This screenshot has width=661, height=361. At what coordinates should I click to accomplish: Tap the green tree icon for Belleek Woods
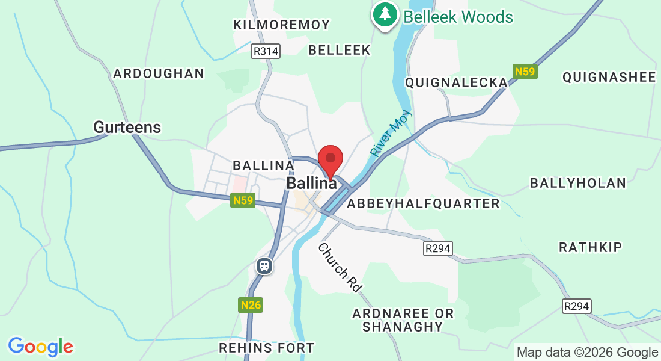tap(385, 14)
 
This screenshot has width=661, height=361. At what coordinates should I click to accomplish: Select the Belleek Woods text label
tap(458, 16)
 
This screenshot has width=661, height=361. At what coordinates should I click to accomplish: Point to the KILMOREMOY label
tap(282, 25)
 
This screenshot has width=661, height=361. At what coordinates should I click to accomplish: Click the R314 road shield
tap(266, 51)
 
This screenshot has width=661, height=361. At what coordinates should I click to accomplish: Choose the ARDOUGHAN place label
tap(159, 73)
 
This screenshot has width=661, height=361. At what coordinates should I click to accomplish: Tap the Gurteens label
tap(127, 127)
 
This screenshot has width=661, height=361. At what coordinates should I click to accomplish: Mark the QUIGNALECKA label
tap(456, 82)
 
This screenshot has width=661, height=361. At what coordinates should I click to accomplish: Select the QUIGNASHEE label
tap(609, 77)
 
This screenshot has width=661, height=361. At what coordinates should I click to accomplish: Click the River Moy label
tap(391, 133)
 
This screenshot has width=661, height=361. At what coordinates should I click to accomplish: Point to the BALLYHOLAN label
tap(578, 183)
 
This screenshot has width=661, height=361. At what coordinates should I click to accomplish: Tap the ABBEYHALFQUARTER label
tap(424, 203)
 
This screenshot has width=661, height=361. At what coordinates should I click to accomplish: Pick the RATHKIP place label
tap(591, 247)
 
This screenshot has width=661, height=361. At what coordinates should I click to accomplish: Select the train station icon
tap(264, 265)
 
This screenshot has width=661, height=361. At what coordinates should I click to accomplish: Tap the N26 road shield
tap(251, 305)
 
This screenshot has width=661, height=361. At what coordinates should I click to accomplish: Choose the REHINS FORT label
tap(266, 348)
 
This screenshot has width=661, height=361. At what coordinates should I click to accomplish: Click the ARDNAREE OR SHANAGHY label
tap(403, 320)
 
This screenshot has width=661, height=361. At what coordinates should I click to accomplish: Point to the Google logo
tap(40, 347)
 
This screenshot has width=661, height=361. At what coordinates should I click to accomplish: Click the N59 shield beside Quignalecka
tap(525, 72)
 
